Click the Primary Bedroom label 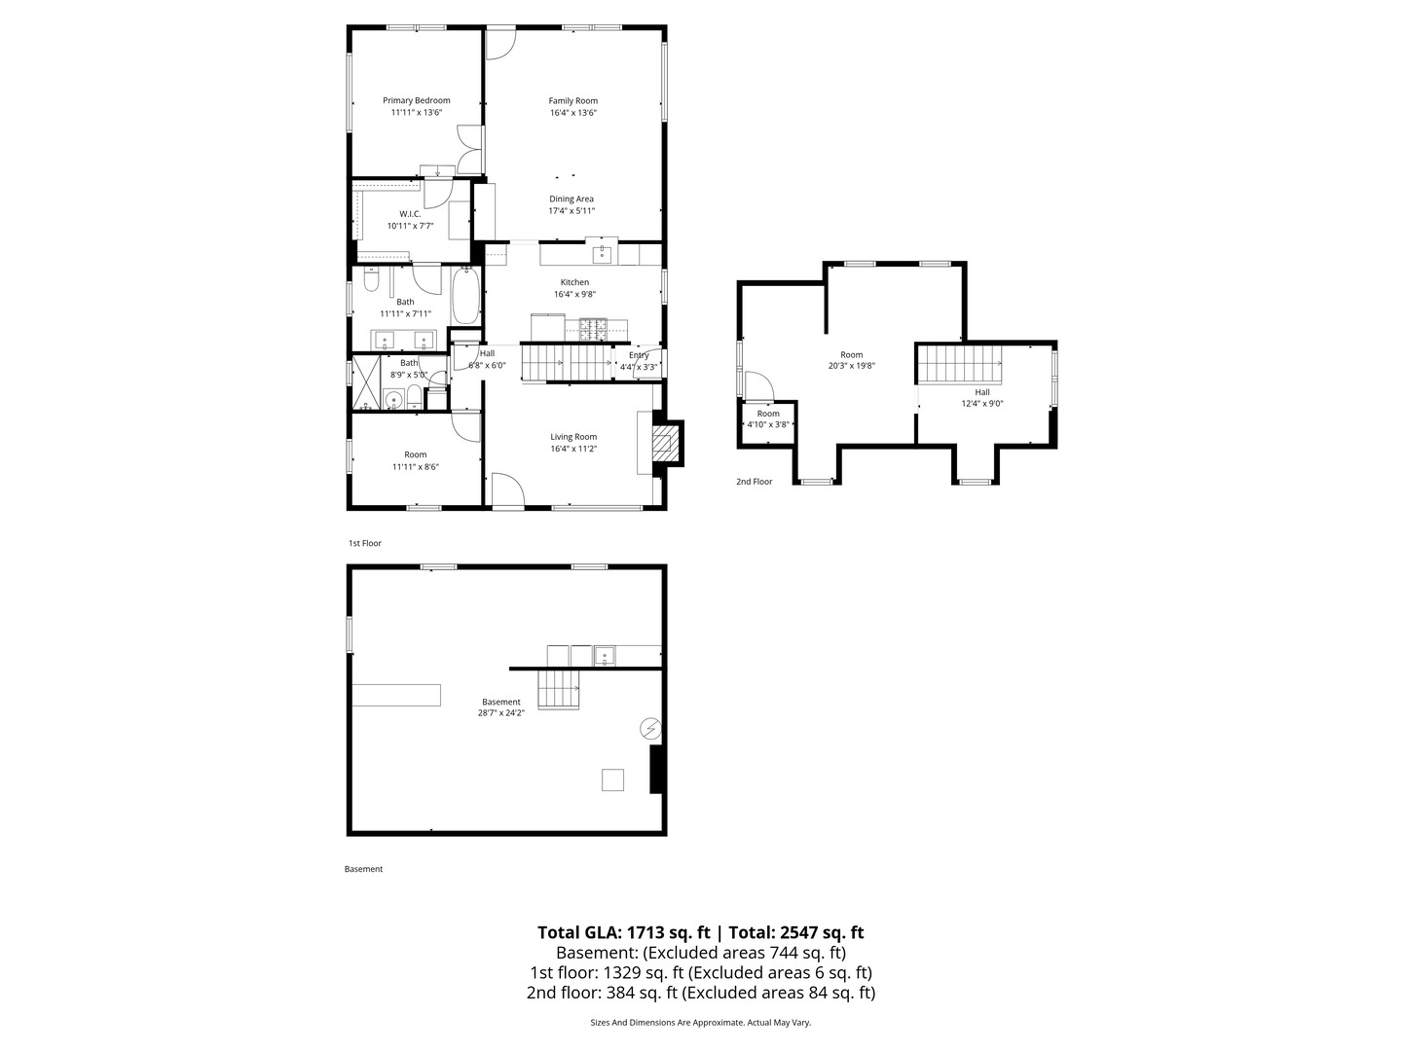416,100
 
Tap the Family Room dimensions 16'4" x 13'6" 572,112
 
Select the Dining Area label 571,199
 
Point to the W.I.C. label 410,214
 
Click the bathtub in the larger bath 465,296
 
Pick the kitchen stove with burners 593,329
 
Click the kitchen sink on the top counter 603,254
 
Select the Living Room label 573,437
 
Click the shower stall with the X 366,382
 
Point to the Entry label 639,355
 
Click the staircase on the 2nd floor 959,364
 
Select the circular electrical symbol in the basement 651,728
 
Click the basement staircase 558,689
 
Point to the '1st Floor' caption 365,543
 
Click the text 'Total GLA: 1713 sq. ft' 623,932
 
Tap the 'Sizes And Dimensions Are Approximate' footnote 668,1022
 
